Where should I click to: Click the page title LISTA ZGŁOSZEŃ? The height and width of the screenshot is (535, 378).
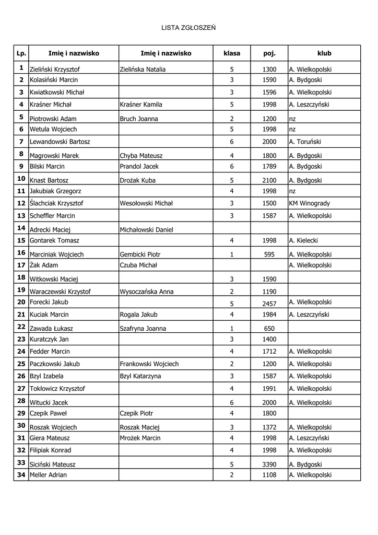click(x=188, y=27)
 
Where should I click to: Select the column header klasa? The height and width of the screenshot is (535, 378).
click(x=231, y=53)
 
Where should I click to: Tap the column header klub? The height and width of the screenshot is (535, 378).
click(x=324, y=53)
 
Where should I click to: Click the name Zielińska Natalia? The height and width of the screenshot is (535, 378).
click(x=143, y=69)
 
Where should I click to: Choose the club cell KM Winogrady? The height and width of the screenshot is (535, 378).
click(x=309, y=203)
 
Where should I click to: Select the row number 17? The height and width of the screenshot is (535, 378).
click(x=21, y=265)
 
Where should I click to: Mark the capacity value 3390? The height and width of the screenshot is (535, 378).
click(x=269, y=464)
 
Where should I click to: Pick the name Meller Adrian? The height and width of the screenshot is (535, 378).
click(x=48, y=475)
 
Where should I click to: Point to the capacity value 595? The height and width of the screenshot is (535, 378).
click(x=269, y=254)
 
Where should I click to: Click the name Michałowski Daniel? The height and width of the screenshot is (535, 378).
click(x=146, y=230)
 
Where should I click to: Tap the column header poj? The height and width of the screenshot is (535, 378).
click(x=269, y=53)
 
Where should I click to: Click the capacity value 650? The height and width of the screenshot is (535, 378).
click(x=269, y=329)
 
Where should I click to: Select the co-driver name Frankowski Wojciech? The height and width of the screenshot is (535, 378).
click(x=149, y=364)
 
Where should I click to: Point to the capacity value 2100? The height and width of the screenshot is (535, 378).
click(x=269, y=180)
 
